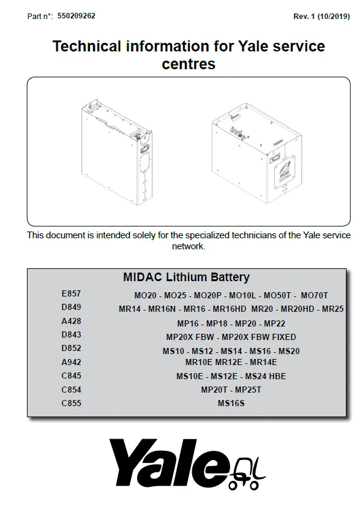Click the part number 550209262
[x=76, y=16]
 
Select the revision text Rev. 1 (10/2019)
[x=321, y=17]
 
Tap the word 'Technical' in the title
[x=87, y=46]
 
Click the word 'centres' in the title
[x=189, y=64]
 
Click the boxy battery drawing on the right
[x=257, y=153]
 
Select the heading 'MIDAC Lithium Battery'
[x=186, y=277]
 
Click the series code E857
[x=71, y=293]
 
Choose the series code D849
[x=71, y=307]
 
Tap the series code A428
[x=71, y=321]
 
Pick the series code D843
[x=71, y=334]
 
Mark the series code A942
[x=71, y=362]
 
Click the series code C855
[x=71, y=403]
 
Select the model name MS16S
[x=231, y=403]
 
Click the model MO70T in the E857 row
[x=315, y=295]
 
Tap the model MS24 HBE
[x=265, y=376]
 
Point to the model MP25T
[x=248, y=390]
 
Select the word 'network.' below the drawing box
[x=189, y=246]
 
